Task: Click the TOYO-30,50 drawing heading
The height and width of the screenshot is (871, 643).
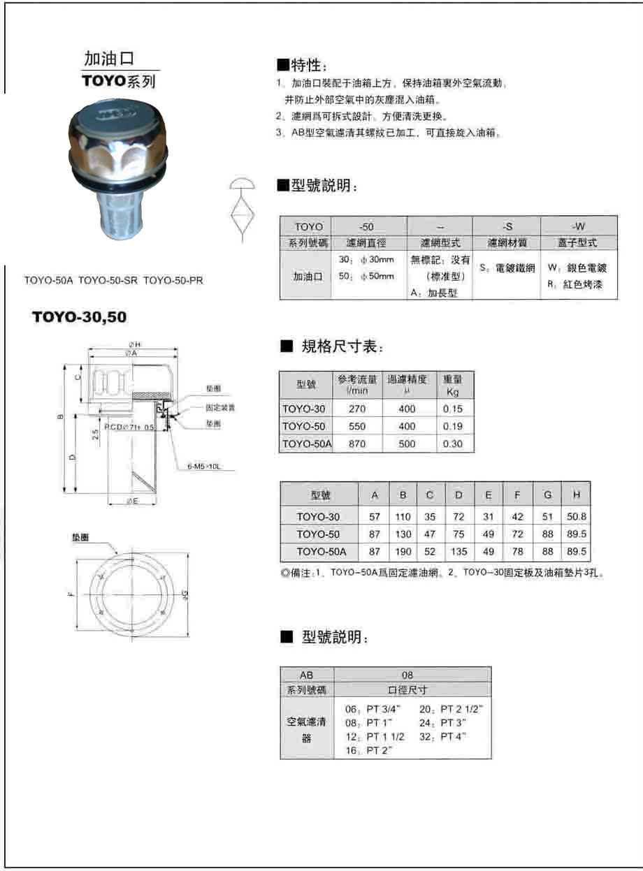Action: coord(79,317)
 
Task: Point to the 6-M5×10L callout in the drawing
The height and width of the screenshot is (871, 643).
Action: coord(204,465)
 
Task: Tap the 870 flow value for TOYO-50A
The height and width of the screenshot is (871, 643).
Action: coord(357,444)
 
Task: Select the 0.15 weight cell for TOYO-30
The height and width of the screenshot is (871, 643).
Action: coord(453,409)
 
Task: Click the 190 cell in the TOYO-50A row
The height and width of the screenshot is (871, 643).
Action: coord(403,552)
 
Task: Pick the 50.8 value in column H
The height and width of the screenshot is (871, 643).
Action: coord(576,517)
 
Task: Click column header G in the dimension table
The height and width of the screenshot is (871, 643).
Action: coord(547,495)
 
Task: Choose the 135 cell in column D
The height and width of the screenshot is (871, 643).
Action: coord(458,552)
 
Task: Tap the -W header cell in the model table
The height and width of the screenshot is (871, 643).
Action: coord(578,226)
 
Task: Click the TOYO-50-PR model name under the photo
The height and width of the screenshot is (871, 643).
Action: coord(173,281)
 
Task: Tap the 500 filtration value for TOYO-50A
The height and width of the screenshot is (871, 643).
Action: coord(406,444)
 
